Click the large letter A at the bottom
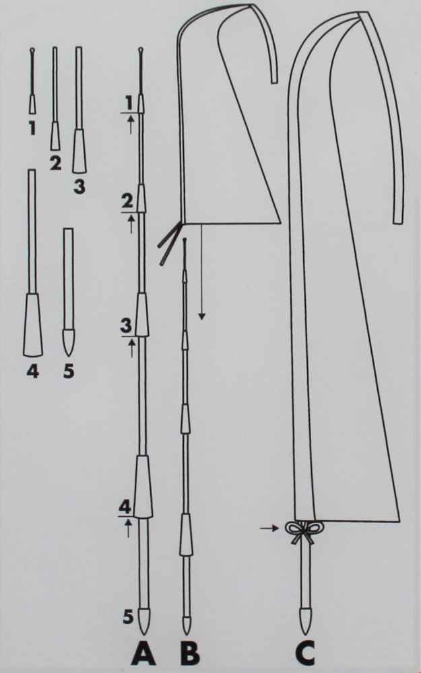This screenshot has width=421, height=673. (x=144, y=653)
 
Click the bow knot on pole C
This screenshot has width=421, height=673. (x=304, y=532)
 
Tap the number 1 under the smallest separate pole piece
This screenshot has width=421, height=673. (x=32, y=128)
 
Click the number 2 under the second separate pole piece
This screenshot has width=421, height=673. (x=55, y=163)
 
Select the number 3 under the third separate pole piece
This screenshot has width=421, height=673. (x=79, y=186)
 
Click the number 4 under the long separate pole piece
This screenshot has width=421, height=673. (x=32, y=371)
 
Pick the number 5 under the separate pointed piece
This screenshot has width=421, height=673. (x=68, y=371)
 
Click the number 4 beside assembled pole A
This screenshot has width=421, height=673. (x=125, y=507)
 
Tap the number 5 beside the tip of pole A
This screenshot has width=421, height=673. (x=128, y=616)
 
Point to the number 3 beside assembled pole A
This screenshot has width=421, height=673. (x=126, y=326)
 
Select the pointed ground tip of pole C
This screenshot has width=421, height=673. (x=304, y=621)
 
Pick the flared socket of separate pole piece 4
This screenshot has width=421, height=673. (x=32, y=325)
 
